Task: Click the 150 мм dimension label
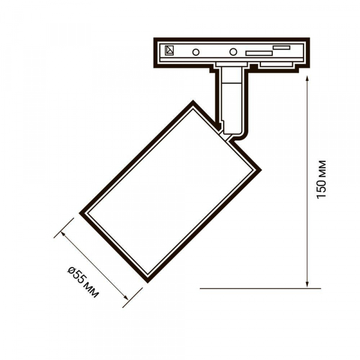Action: point(321,179)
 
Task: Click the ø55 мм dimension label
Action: point(83,282)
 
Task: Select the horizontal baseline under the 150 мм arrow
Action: point(260,289)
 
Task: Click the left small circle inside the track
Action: point(196,52)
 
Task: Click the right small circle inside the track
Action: point(233,52)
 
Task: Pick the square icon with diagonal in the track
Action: point(169,50)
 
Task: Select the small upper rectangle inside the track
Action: point(281,47)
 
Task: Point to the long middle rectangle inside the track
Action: point(259,53)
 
